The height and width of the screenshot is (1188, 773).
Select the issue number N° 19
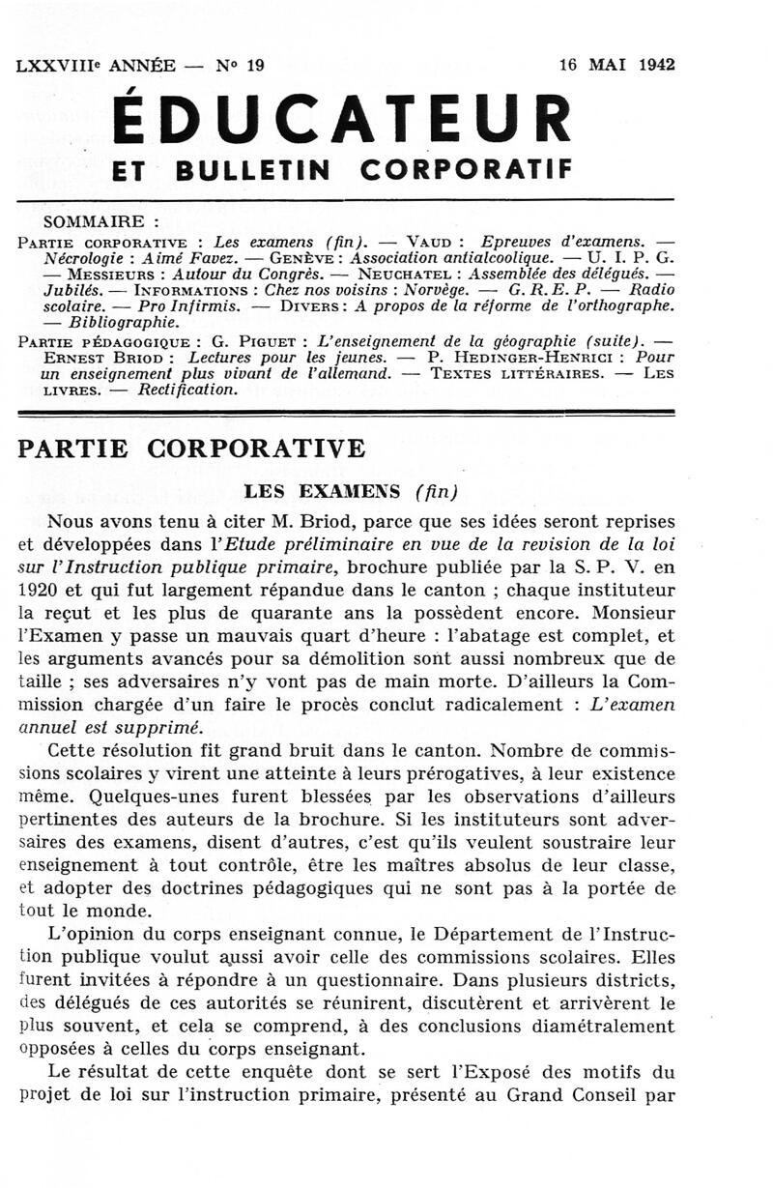point(239,66)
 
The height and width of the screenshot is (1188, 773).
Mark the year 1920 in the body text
point(40,590)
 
